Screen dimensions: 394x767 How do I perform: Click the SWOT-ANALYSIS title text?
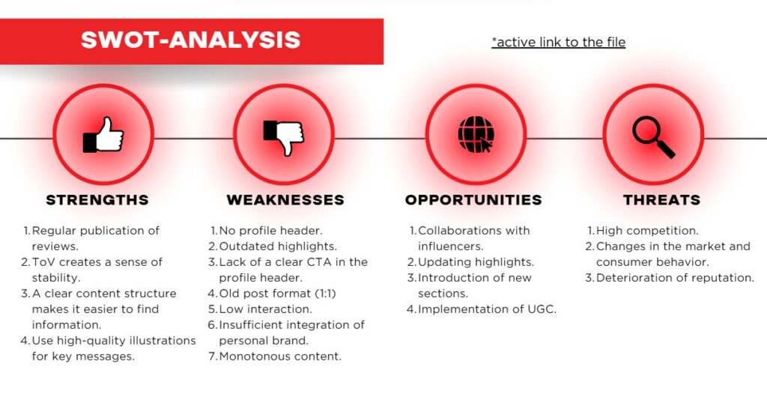point(190,40)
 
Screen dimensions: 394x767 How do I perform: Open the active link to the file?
point(558,42)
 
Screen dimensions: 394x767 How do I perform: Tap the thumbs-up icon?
point(103,135)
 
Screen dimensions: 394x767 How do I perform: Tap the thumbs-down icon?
point(283,135)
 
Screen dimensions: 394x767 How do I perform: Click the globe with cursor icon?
point(475,135)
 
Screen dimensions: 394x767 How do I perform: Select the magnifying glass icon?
point(652,135)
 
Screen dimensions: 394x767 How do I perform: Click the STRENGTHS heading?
point(97,200)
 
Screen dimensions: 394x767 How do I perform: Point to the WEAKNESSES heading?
point(285,200)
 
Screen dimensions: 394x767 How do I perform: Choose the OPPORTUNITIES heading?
point(473,200)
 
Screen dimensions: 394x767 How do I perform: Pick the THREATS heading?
point(661,200)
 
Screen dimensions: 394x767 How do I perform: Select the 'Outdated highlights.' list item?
point(277,246)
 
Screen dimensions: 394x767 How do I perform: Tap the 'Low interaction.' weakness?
point(265,309)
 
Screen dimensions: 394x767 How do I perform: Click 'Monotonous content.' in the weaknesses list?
point(279,356)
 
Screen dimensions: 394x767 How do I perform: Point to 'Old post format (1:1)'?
point(277,294)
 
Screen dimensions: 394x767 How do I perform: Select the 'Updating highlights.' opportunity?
point(476,262)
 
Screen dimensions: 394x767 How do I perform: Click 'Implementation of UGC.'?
point(487,309)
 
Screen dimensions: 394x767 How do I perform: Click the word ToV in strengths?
point(42,262)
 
